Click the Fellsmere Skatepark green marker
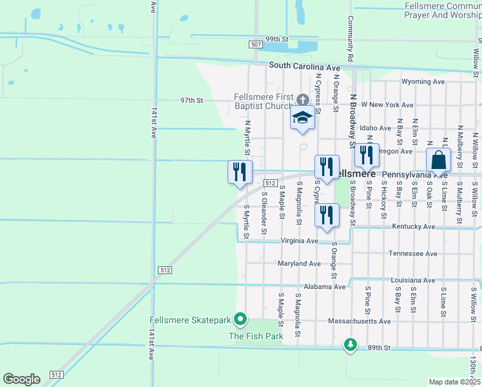(x=240, y=319)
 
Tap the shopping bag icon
(x=438, y=160)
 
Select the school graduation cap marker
(x=302, y=118)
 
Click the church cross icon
(x=303, y=101)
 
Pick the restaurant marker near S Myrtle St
(x=239, y=172)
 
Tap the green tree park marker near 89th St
(x=350, y=344)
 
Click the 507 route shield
(x=256, y=44)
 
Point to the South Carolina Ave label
(x=304, y=66)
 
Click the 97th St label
(x=191, y=101)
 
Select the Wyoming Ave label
(x=423, y=82)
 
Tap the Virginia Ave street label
(x=299, y=241)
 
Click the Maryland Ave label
(x=299, y=264)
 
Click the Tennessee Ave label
(x=413, y=253)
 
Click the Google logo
(x=21, y=379)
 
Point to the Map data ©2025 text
(x=454, y=382)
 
